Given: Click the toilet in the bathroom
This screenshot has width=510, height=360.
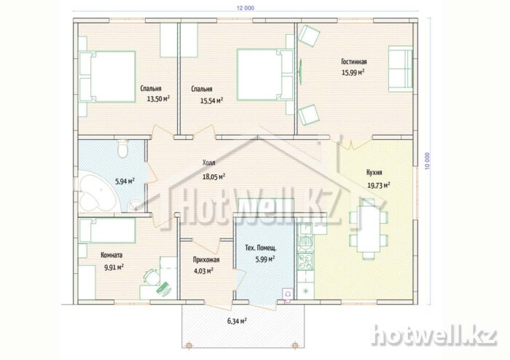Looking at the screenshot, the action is click(x=122, y=148).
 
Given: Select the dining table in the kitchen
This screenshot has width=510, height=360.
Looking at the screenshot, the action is click(x=369, y=229).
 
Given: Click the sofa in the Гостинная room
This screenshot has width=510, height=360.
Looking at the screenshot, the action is click(x=401, y=69).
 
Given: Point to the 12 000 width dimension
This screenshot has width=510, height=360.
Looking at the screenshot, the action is click(x=246, y=8).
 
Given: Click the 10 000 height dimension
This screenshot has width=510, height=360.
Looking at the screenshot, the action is click(x=427, y=161).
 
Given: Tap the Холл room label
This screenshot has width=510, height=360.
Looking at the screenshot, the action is click(x=209, y=163).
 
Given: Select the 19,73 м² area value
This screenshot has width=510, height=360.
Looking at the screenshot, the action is click(x=379, y=185).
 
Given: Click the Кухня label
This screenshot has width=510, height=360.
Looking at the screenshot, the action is click(x=374, y=173).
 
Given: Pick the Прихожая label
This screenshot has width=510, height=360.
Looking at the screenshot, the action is click(x=206, y=260).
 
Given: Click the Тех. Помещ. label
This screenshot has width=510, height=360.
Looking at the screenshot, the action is click(x=261, y=249).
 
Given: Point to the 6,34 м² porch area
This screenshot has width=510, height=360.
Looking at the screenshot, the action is click(x=237, y=321).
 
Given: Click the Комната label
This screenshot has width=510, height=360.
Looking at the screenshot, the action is click(x=111, y=255).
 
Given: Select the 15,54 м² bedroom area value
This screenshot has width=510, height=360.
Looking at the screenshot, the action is click(x=211, y=101).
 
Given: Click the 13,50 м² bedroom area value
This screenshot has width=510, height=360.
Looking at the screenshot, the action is click(x=158, y=99).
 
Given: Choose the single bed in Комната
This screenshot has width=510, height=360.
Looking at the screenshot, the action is click(x=107, y=230).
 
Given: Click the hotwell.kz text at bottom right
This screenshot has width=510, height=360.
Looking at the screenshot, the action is click(x=435, y=335).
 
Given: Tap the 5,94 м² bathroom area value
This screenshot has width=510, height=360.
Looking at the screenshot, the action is click(x=125, y=181).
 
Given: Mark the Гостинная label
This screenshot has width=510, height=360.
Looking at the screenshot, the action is click(x=354, y=62).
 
